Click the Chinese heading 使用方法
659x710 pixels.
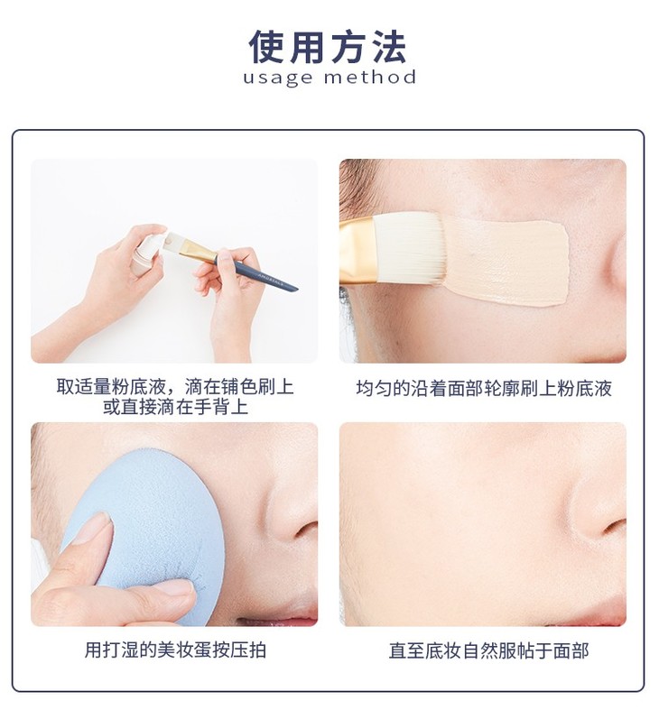point(327,47)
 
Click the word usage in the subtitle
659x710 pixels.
point(277,78)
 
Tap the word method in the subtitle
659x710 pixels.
point(370,77)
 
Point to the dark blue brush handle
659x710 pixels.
point(256,273)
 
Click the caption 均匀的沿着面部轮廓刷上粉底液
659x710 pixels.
point(484,389)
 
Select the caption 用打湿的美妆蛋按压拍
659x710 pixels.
point(175,650)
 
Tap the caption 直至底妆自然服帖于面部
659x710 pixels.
point(488,650)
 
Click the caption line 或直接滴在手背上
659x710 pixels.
point(175,407)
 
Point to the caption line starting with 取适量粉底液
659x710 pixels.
point(175,387)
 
